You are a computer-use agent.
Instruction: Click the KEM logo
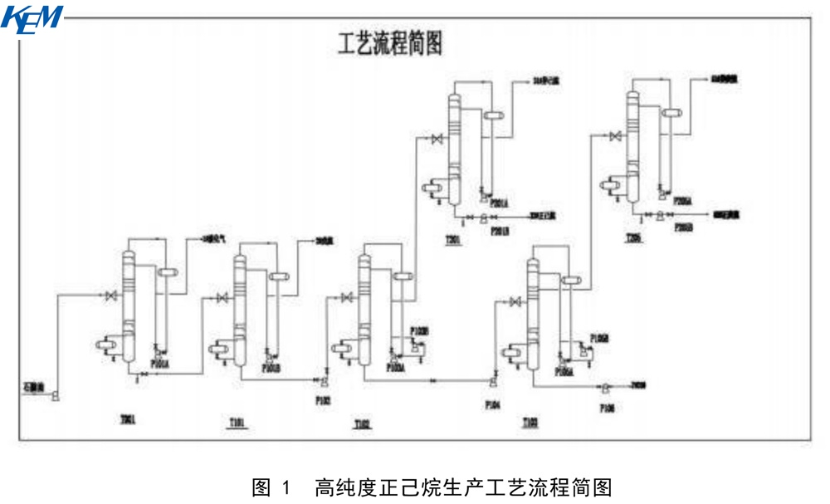click(32, 19)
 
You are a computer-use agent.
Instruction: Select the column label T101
click(238, 423)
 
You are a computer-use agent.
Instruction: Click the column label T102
click(362, 423)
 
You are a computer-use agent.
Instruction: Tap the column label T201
click(453, 240)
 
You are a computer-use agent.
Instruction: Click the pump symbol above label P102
click(323, 381)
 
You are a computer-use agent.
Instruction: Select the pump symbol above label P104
click(494, 383)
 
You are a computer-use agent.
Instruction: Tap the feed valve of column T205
click(613, 136)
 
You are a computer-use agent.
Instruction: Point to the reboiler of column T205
click(614, 184)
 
